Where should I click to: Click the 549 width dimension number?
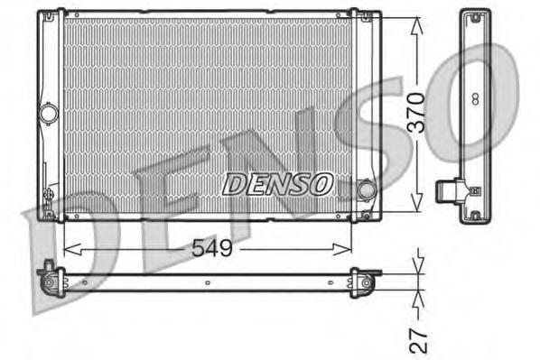pyautogui.click(x=212, y=248)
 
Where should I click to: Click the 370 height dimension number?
pyautogui.click(x=415, y=113)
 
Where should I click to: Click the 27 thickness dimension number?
pyautogui.click(x=418, y=340)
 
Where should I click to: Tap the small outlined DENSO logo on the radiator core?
pyautogui.click(x=277, y=184)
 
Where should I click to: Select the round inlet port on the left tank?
pyautogui.click(x=49, y=114)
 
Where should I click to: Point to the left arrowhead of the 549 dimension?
pyautogui.click(x=72, y=249)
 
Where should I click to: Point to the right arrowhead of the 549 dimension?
pyautogui.click(x=342, y=249)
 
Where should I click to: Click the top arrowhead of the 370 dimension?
pyautogui.click(x=416, y=25)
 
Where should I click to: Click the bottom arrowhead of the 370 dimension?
pyautogui.click(x=417, y=202)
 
